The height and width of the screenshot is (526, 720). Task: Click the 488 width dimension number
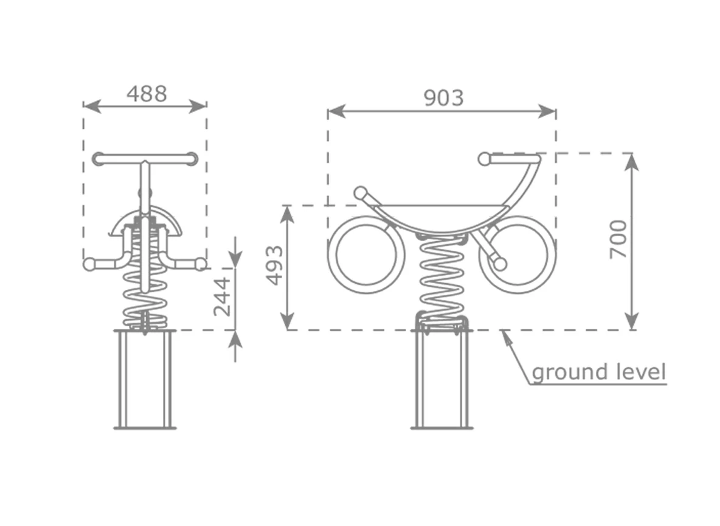[147, 94]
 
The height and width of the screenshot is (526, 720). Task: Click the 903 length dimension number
[443, 98]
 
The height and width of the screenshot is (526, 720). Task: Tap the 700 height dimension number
[618, 239]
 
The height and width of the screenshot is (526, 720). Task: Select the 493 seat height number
[275, 265]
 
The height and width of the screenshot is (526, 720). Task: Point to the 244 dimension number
[222, 296]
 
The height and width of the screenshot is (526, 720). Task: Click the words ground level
[599, 371]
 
